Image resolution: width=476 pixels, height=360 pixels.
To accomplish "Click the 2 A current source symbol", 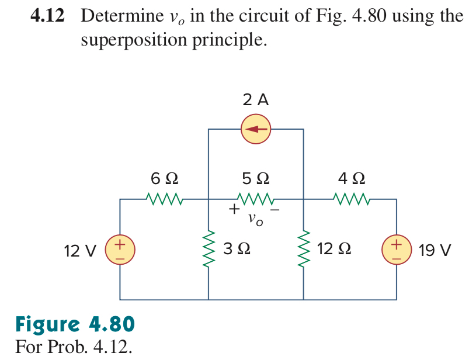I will (x=256, y=129).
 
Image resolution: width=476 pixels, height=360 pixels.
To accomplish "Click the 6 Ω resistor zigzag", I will (x=165, y=200).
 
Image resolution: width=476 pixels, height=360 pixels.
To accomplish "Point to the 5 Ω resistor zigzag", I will (x=256, y=200).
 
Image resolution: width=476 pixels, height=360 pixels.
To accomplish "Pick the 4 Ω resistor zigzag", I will (x=353, y=200).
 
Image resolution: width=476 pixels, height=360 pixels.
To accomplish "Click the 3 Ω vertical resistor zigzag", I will (x=209, y=250).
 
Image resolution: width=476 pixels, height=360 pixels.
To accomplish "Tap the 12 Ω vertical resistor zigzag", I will (x=303, y=250).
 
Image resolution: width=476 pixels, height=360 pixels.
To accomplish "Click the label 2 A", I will (x=256, y=100).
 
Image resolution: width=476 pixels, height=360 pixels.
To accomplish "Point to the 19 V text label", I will (x=435, y=251).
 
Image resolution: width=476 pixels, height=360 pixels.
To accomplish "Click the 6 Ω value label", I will (x=165, y=178).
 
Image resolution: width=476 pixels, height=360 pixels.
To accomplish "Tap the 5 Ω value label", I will (x=256, y=178).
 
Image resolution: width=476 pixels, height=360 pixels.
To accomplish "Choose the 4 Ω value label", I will (x=352, y=178).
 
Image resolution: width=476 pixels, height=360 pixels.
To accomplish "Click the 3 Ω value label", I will (x=237, y=250).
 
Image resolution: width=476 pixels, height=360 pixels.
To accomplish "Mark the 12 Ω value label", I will (x=334, y=250).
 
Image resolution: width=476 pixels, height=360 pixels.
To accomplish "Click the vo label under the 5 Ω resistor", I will (x=255, y=220).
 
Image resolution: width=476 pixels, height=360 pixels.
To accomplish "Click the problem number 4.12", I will (x=48, y=16).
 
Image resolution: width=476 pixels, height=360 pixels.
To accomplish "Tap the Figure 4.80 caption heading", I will (x=75, y=323).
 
